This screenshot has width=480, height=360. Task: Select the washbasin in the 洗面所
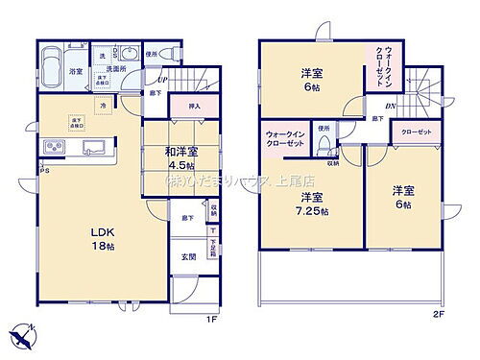129,54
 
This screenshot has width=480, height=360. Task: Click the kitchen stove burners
53,147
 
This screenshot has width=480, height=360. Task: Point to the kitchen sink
94,147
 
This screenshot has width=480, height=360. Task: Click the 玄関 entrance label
190,257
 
